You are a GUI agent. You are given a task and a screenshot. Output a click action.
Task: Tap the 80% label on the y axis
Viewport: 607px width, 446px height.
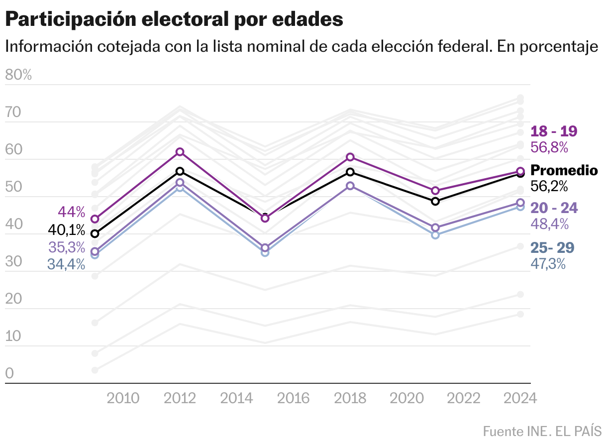[x=18, y=75]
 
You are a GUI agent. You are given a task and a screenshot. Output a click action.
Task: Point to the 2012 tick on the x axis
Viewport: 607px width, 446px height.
[x=180, y=398]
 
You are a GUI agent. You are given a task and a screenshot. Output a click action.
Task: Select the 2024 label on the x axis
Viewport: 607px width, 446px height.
[x=520, y=398]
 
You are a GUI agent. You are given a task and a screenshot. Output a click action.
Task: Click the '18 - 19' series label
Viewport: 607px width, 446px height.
[x=554, y=131]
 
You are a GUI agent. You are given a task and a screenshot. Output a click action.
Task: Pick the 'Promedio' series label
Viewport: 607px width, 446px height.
[x=564, y=170]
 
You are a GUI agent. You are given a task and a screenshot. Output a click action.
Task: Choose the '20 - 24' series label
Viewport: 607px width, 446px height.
[x=554, y=208]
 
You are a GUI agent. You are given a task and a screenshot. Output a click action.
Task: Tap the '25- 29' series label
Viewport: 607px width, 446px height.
[x=552, y=247]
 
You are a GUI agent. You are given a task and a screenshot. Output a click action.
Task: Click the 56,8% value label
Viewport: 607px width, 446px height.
[x=549, y=147]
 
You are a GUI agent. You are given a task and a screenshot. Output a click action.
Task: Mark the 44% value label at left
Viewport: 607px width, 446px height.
[x=72, y=212]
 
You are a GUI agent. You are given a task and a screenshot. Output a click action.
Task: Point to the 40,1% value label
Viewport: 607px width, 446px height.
[x=67, y=230]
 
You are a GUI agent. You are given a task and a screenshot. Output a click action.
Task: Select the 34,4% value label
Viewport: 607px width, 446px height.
[x=66, y=264]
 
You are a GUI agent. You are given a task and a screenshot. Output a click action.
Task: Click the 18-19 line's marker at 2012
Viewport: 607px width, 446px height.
[x=180, y=152]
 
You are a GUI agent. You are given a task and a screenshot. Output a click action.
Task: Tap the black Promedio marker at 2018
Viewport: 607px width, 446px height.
[x=350, y=172]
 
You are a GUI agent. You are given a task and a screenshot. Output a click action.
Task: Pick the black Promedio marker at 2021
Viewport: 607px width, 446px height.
[x=435, y=201]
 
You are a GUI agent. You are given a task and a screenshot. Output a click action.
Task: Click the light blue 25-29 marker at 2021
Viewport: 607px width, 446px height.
[x=435, y=235]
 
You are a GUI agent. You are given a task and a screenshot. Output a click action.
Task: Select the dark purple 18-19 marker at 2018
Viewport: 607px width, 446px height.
[x=350, y=157]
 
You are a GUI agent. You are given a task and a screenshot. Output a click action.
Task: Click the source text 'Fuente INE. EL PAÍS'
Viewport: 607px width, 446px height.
[x=542, y=431]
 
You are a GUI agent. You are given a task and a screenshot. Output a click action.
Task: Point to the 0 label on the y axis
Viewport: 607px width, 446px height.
[x=9, y=374]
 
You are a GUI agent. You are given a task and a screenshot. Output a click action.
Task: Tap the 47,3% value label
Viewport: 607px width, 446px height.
[x=548, y=264]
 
